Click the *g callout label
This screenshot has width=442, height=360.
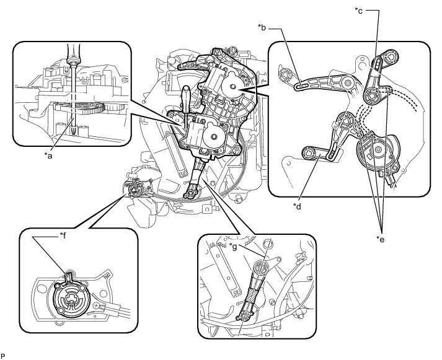coord(234,247)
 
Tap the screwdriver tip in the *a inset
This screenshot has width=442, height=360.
coord(73,131)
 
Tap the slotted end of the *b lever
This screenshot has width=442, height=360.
coord(303,87)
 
